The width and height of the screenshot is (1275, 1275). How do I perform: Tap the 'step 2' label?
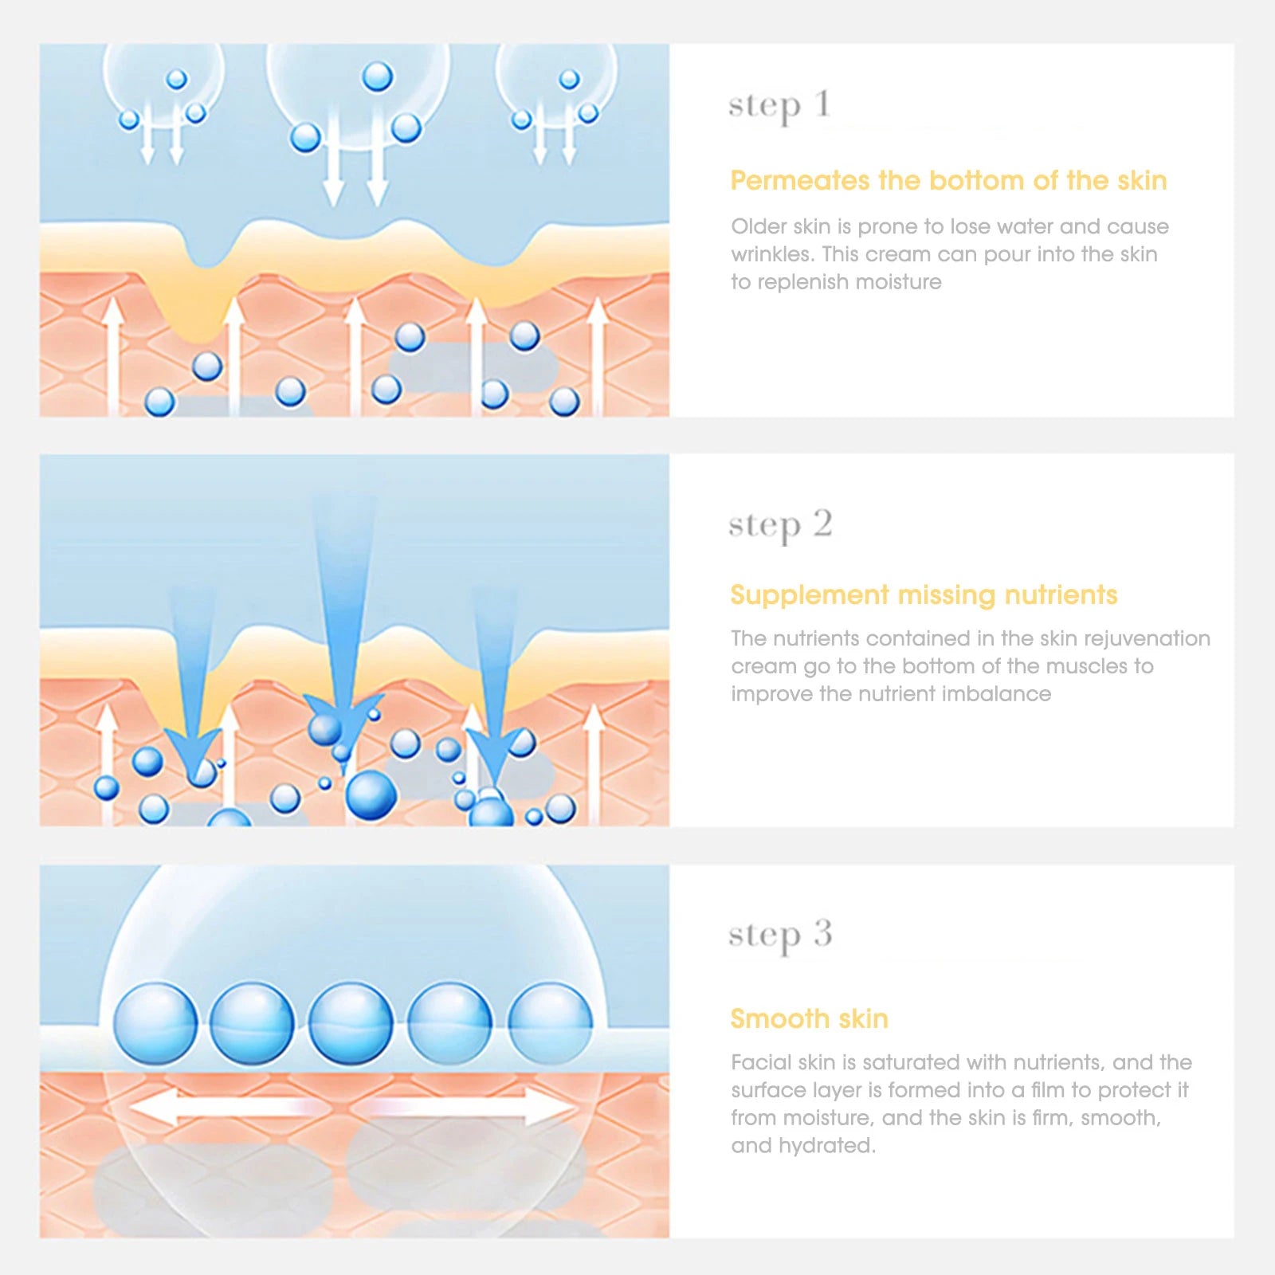(x=779, y=526)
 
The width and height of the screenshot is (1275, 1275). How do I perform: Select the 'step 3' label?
(x=779, y=936)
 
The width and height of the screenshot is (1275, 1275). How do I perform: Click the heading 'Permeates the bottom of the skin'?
(x=948, y=181)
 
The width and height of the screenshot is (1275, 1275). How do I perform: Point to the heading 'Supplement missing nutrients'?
(x=924, y=595)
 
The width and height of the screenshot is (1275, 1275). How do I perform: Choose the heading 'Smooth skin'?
(x=809, y=1019)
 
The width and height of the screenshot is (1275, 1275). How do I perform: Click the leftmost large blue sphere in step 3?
(x=155, y=1023)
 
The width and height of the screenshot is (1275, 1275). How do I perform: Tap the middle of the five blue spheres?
(x=351, y=1023)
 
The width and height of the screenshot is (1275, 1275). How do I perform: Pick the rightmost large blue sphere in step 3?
(x=550, y=1023)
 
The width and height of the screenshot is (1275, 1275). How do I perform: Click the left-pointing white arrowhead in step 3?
(x=151, y=1108)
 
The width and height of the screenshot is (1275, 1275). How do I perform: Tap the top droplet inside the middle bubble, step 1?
(x=377, y=77)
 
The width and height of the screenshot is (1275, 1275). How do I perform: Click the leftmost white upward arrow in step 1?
(x=113, y=351)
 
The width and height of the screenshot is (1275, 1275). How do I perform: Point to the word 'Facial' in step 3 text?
(x=754, y=1062)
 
